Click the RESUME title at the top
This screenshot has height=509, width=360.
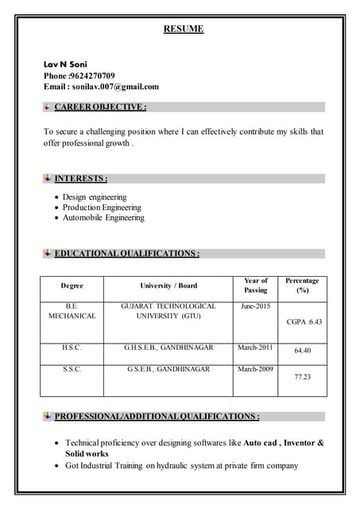pos(184,29)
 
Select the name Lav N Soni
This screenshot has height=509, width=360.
pos(66,64)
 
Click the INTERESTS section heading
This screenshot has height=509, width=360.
pos(80,178)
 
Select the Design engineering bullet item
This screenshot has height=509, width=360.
pos(95,196)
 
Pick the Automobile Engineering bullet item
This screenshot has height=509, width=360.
pos(103,217)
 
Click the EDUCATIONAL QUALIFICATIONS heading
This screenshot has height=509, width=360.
pos(126,254)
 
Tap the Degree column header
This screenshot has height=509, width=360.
pos(72,286)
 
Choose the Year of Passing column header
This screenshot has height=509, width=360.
pos(255,286)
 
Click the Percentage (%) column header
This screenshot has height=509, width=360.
pos(302,286)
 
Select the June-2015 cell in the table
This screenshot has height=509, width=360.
pos(255,306)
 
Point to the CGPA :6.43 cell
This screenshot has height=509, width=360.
pos(304,322)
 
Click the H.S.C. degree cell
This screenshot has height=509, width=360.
pos(72,348)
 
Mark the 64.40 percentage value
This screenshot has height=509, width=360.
pos(302,351)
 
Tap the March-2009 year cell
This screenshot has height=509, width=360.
pos(255,369)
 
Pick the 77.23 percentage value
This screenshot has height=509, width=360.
pos(302,377)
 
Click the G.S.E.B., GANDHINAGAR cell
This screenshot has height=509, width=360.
pos(168,369)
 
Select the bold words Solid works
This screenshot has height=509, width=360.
pos(87,453)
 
